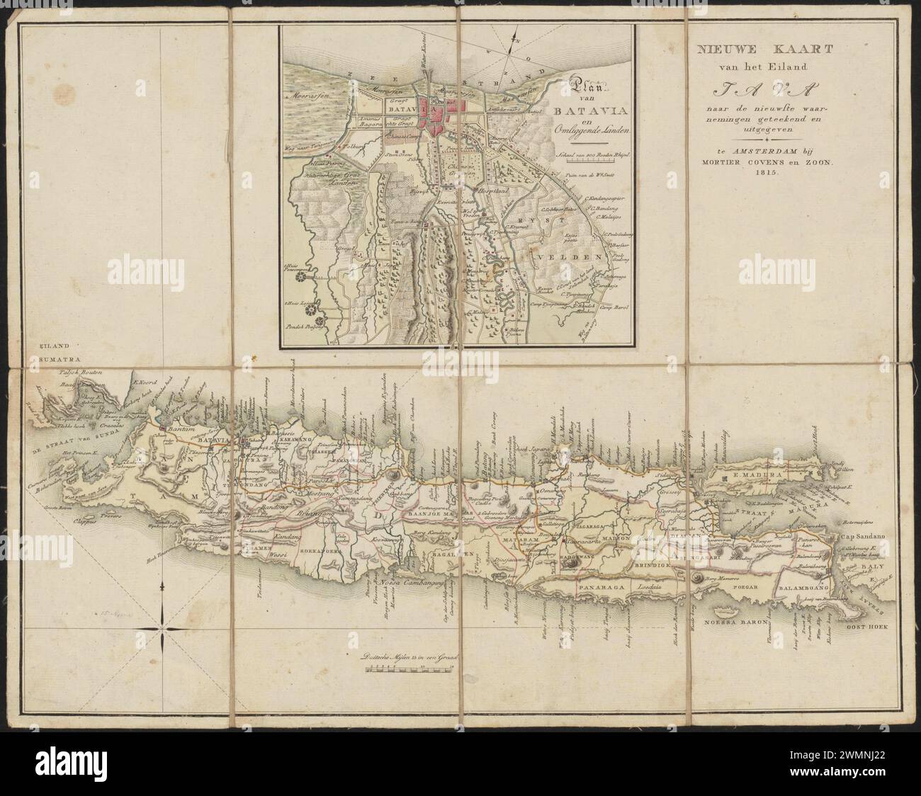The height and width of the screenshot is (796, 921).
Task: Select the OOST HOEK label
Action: click(868, 627)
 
